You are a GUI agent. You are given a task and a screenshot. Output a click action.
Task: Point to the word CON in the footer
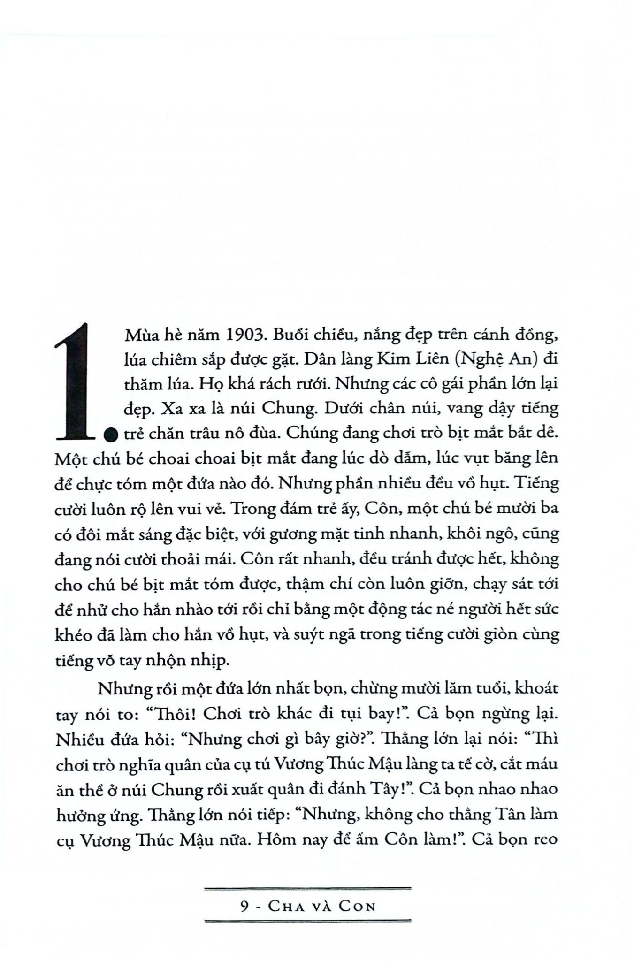(357, 906)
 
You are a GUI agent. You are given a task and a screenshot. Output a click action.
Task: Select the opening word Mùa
(141, 336)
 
